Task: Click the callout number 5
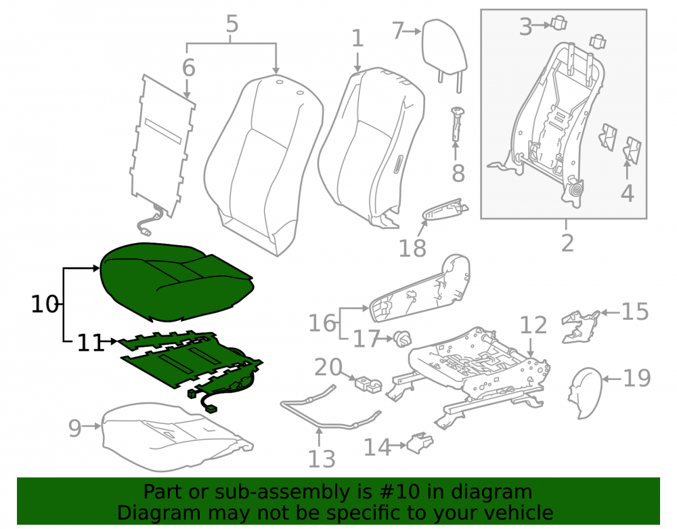[232, 24]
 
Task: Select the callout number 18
[412, 249]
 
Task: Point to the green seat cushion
[176, 282]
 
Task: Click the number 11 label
[91, 343]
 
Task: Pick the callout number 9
[74, 428]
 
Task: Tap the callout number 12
[533, 325]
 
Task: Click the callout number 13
[321, 459]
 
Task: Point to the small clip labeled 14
[420, 443]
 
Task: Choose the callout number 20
[328, 368]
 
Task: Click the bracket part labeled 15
[581, 326]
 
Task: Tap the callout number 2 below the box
[567, 243]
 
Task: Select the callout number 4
[627, 193]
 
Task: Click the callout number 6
[189, 68]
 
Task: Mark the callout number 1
[357, 39]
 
